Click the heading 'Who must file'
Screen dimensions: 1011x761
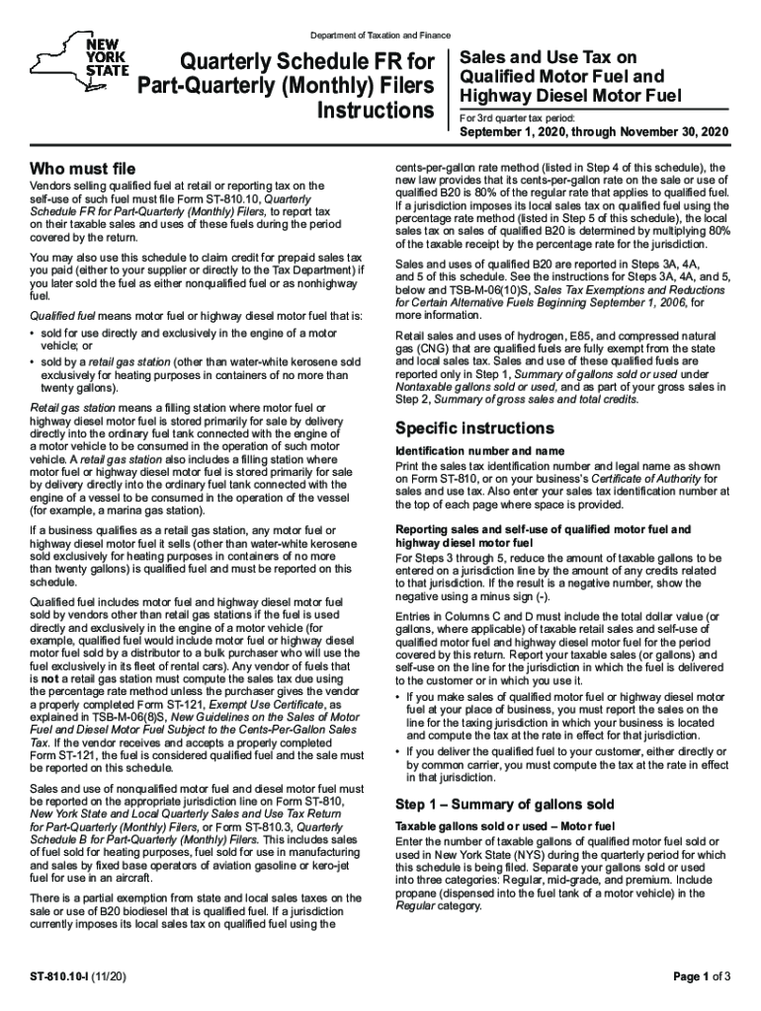click(83, 168)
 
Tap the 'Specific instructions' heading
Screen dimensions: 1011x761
click(473, 428)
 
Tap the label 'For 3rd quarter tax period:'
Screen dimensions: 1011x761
click(520, 117)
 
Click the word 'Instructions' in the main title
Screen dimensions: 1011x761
click(375, 108)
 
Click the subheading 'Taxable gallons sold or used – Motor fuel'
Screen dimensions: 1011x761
click(505, 824)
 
